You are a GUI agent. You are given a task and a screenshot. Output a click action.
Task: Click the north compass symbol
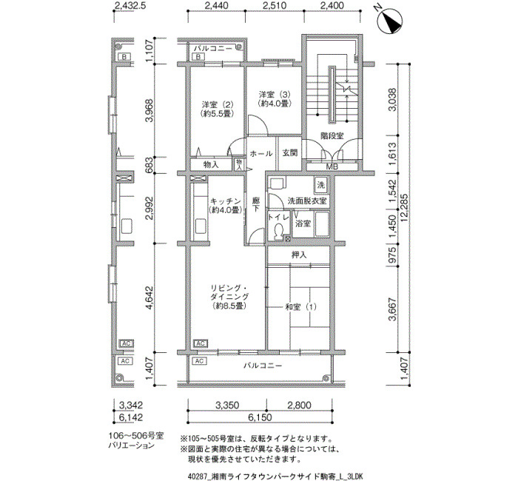coord(390,20)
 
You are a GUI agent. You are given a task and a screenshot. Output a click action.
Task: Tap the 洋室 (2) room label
coord(218,109)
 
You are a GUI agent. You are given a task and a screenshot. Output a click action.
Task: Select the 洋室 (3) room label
coord(275,98)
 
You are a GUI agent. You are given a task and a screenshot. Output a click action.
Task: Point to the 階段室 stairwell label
coord(332,135)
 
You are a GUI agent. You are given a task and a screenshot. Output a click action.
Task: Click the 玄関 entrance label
coord(290,152)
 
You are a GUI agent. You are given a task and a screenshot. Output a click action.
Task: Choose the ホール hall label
coord(261,154)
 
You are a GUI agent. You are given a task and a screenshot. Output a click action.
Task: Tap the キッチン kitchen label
coord(226,206)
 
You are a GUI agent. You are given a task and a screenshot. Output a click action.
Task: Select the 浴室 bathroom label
coord(303,223)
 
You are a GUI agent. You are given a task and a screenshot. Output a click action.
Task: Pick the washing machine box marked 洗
coord(320,185)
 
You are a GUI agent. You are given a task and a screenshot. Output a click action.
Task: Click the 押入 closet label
coord(299,255)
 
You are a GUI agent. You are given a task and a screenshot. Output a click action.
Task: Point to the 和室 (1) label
coord(300,307)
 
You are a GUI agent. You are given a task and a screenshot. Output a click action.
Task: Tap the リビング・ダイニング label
coord(229,296)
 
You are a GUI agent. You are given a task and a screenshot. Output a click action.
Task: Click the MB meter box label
coord(332,167)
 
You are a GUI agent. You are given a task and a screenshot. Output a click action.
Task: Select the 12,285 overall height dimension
coord(404,207)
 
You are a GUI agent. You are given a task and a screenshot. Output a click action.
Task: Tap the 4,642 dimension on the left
coord(149,297)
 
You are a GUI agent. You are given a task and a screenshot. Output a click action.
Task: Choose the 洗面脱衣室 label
coord(307,201)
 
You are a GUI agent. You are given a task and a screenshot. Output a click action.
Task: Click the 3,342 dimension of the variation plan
coord(131,405)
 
